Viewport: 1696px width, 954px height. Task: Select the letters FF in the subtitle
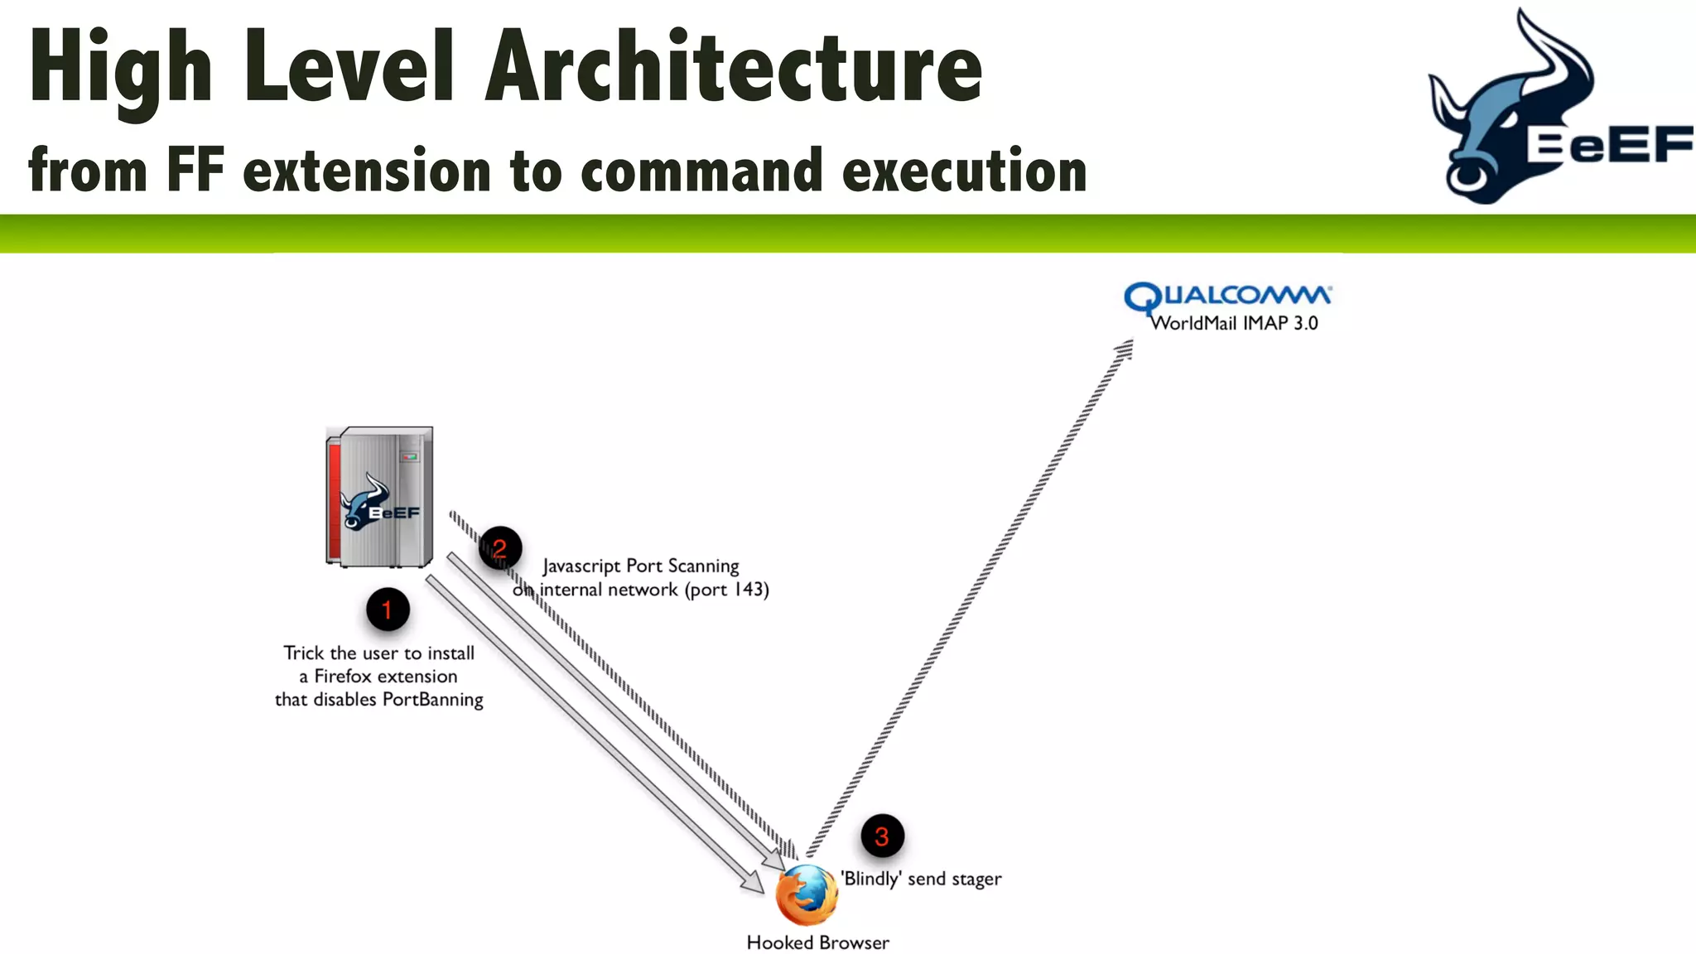pos(195,170)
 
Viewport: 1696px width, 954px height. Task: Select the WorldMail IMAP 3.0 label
pos(1234,324)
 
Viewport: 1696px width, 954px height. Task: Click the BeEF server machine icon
pos(380,497)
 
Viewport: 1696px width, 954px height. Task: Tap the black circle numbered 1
pos(387,610)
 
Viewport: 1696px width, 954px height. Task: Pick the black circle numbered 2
pos(499,548)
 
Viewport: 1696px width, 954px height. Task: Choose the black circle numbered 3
pos(882,836)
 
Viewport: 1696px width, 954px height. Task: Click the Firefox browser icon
pos(806,895)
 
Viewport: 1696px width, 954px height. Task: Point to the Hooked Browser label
pos(817,942)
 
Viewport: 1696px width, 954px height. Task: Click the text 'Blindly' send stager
pos(921,879)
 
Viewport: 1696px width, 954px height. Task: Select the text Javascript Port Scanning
pos(641,566)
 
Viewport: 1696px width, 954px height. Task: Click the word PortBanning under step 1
pos(432,700)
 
